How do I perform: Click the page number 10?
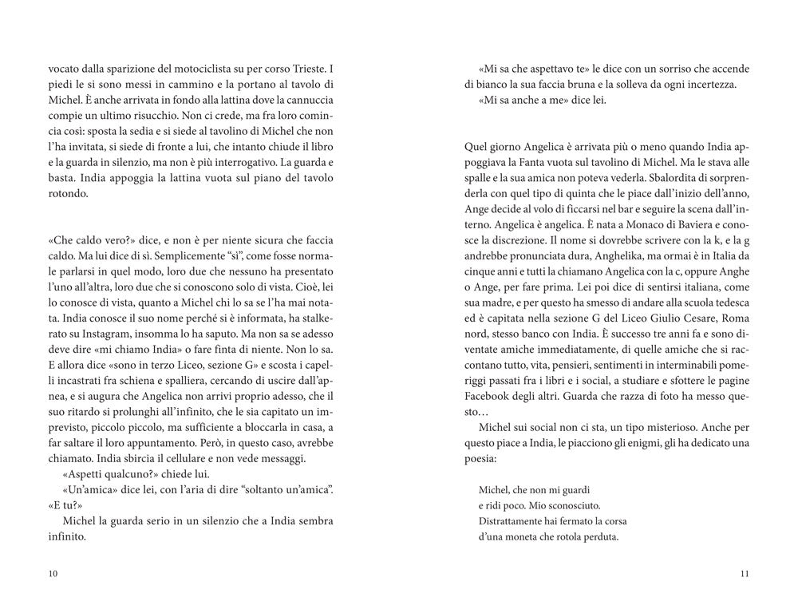tap(53, 573)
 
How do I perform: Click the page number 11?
tap(744, 573)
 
